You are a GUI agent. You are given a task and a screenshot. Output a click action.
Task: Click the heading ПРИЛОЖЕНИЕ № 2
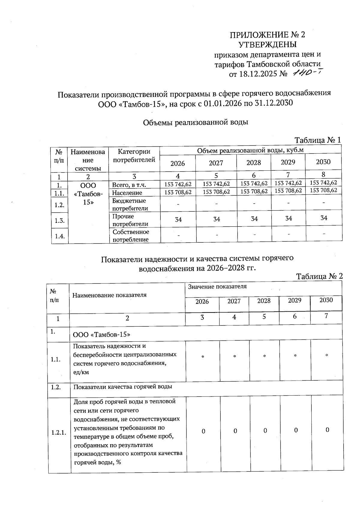pos(267,35)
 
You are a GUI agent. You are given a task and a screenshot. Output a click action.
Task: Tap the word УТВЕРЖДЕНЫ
pos(267,45)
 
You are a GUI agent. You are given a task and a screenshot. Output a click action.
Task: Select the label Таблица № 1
pos(318,140)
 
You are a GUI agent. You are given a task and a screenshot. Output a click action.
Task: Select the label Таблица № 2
pos(319,276)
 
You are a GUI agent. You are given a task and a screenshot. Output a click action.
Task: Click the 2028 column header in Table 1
pos(254,163)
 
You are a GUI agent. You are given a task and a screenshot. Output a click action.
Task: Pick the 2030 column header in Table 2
pos(326,300)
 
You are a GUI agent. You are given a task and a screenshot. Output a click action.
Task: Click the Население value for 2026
pos(178,192)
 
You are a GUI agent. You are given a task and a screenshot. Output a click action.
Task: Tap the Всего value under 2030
pos(323,183)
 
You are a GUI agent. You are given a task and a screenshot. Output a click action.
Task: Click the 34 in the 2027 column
pos(217,219)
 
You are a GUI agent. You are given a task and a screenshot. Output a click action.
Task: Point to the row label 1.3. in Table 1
pos(60,221)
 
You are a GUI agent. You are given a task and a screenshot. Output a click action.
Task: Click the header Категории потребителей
pos(134,155)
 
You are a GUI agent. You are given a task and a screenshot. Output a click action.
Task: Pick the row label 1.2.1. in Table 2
pos(59,433)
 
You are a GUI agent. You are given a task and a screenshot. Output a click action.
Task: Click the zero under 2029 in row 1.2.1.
pos(296,430)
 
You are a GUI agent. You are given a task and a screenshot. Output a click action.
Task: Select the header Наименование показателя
pos(109,295)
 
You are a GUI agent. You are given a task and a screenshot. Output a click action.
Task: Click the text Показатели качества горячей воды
pos(123,387)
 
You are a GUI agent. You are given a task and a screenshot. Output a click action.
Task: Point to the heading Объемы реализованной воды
pos(195,122)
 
